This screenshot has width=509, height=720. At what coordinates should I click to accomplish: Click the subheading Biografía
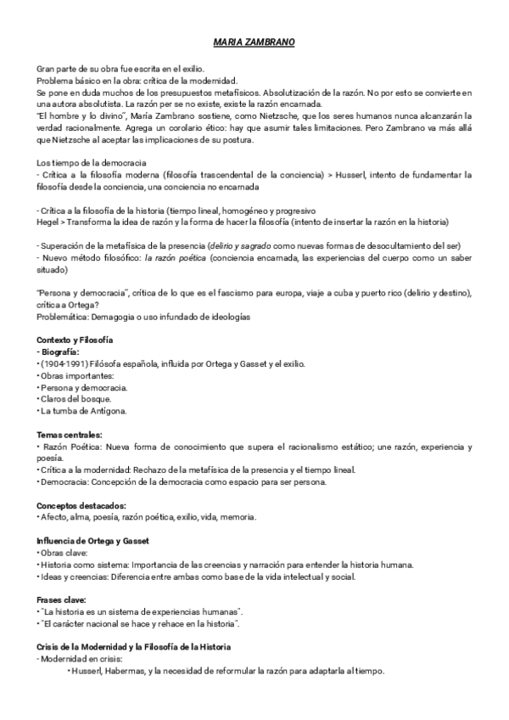59,352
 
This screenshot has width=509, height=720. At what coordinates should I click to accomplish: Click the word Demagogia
114,317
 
